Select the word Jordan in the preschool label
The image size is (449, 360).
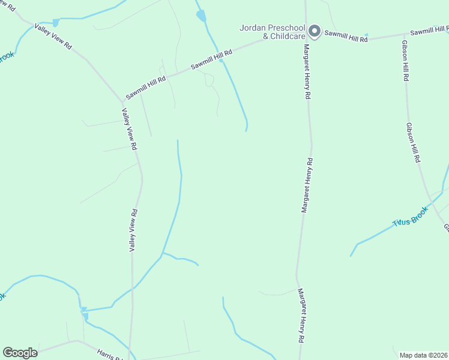252,28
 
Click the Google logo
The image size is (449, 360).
20,353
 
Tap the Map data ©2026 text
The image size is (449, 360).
423,355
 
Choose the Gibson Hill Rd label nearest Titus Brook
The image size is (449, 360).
414,143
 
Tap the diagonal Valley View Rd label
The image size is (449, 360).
53,37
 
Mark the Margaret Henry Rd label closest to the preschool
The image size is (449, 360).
307,71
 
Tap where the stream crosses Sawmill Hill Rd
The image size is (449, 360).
221,59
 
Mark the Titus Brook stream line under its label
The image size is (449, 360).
384,231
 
